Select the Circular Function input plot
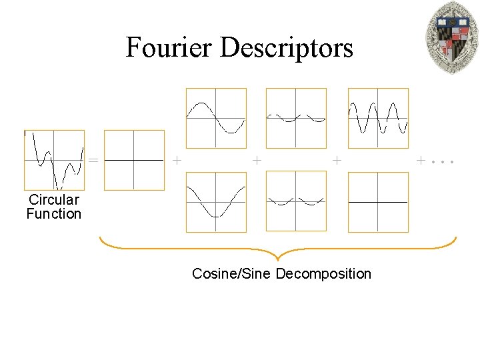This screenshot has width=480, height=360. (54, 160)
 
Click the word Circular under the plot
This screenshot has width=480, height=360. (53, 199)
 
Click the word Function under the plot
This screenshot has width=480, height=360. (53, 214)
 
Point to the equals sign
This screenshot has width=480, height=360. (94, 161)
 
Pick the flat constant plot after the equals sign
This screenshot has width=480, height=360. (134, 160)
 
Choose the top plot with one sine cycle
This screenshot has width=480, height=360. (216, 118)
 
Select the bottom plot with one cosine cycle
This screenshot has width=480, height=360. (216, 202)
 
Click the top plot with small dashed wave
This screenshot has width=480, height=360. (296, 118)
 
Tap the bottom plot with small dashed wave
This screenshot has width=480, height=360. (296, 202)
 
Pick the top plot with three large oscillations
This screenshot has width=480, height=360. (378, 118)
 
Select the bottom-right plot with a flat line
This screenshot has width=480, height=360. (378, 202)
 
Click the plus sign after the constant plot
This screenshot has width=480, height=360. (176, 161)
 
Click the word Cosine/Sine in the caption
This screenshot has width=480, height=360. (232, 274)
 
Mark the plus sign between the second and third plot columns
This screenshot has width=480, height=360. (257, 161)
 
